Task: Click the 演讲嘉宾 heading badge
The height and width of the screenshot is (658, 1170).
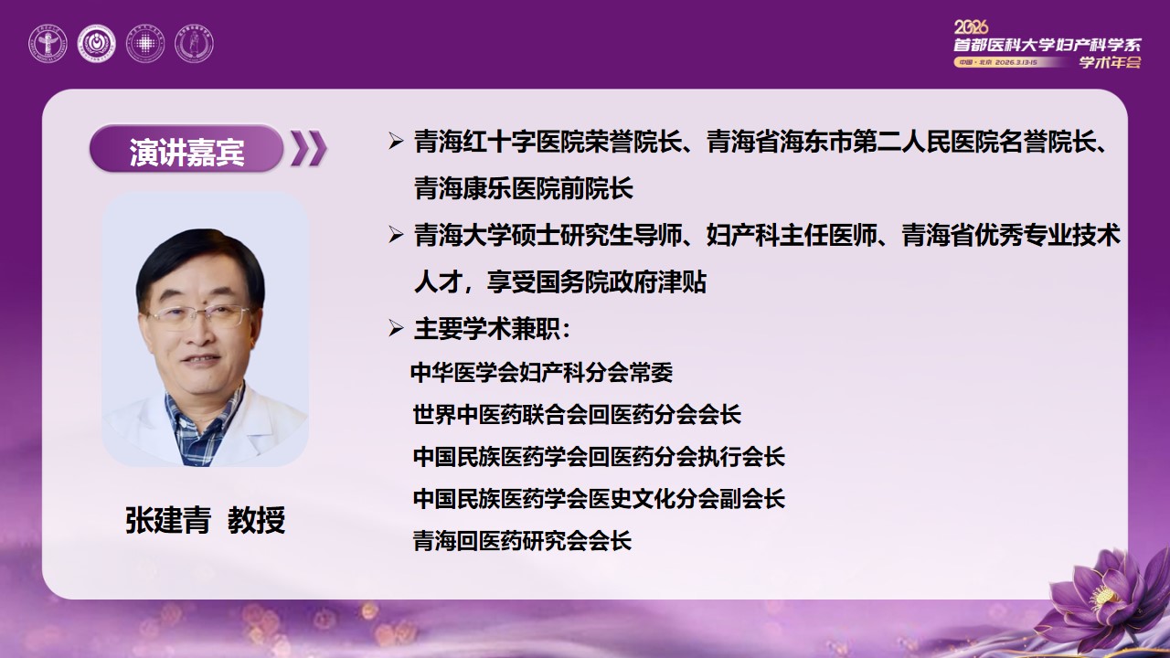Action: pos(186,150)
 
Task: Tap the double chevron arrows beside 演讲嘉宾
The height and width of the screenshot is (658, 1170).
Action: pos(308,150)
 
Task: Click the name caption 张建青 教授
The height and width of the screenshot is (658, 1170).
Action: pos(206,520)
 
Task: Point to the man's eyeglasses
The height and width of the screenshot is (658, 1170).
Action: pos(198,316)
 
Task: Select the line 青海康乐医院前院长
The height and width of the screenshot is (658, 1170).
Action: pos(523,189)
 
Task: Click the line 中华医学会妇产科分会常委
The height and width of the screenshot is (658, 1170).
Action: pos(542,372)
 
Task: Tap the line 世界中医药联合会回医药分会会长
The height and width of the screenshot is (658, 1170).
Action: pos(577,414)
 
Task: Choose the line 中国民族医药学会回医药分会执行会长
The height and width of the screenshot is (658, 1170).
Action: pos(599,456)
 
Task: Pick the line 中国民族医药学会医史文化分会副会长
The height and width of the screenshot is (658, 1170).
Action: pos(599,498)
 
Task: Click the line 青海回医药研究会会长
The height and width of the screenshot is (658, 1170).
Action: pos(522,540)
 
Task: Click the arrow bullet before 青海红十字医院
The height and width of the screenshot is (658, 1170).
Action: pos(396,142)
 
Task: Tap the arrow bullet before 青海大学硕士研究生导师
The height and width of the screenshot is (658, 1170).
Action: pos(396,235)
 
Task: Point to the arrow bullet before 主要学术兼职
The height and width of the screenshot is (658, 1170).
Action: pos(396,328)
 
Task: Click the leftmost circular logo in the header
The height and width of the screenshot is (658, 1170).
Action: pos(48,43)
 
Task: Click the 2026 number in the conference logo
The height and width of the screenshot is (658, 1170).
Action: pos(972,27)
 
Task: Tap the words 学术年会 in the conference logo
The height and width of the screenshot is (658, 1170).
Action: pos(1110,62)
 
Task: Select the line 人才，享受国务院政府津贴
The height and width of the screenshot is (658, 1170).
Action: pos(559,282)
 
